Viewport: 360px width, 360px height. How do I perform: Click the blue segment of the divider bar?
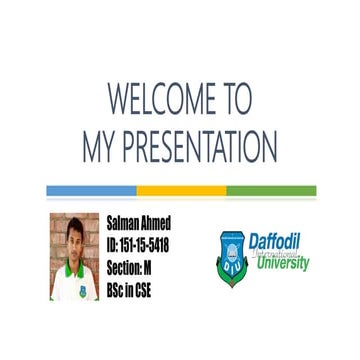pyautogui.click(x=91, y=190)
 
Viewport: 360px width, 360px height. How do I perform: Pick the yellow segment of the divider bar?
pyautogui.click(x=181, y=190)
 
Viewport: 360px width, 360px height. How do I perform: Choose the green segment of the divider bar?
pyautogui.click(x=271, y=190)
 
